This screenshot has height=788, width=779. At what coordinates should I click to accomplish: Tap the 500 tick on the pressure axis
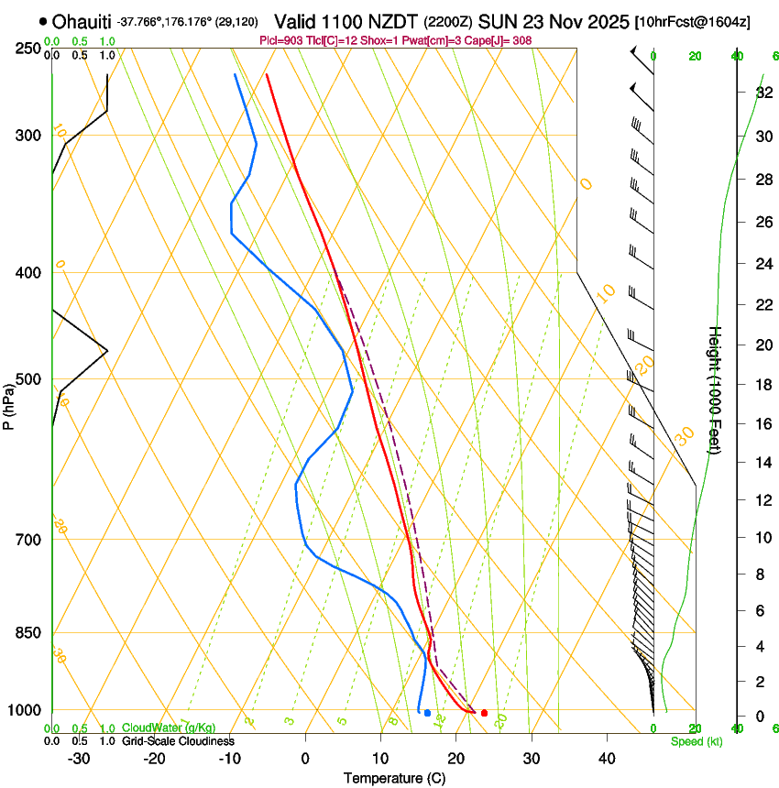27,379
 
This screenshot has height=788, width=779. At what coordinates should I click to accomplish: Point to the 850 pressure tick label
27,632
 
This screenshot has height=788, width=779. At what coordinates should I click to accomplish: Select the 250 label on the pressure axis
27,48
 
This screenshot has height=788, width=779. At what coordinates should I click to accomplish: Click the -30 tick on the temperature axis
79,758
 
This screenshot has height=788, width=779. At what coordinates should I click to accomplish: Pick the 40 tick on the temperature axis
606,758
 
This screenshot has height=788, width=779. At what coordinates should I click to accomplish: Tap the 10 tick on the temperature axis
380,758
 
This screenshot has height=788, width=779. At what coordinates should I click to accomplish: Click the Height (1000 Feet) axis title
716,389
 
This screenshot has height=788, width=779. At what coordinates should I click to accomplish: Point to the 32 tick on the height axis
763,93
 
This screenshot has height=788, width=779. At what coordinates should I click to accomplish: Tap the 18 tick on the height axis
763,385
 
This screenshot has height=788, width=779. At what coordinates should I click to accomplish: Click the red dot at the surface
484,713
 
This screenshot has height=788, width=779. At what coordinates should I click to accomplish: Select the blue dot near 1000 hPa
427,713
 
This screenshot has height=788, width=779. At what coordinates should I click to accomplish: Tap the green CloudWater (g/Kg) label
169,728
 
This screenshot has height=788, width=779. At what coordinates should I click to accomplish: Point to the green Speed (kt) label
696,741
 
